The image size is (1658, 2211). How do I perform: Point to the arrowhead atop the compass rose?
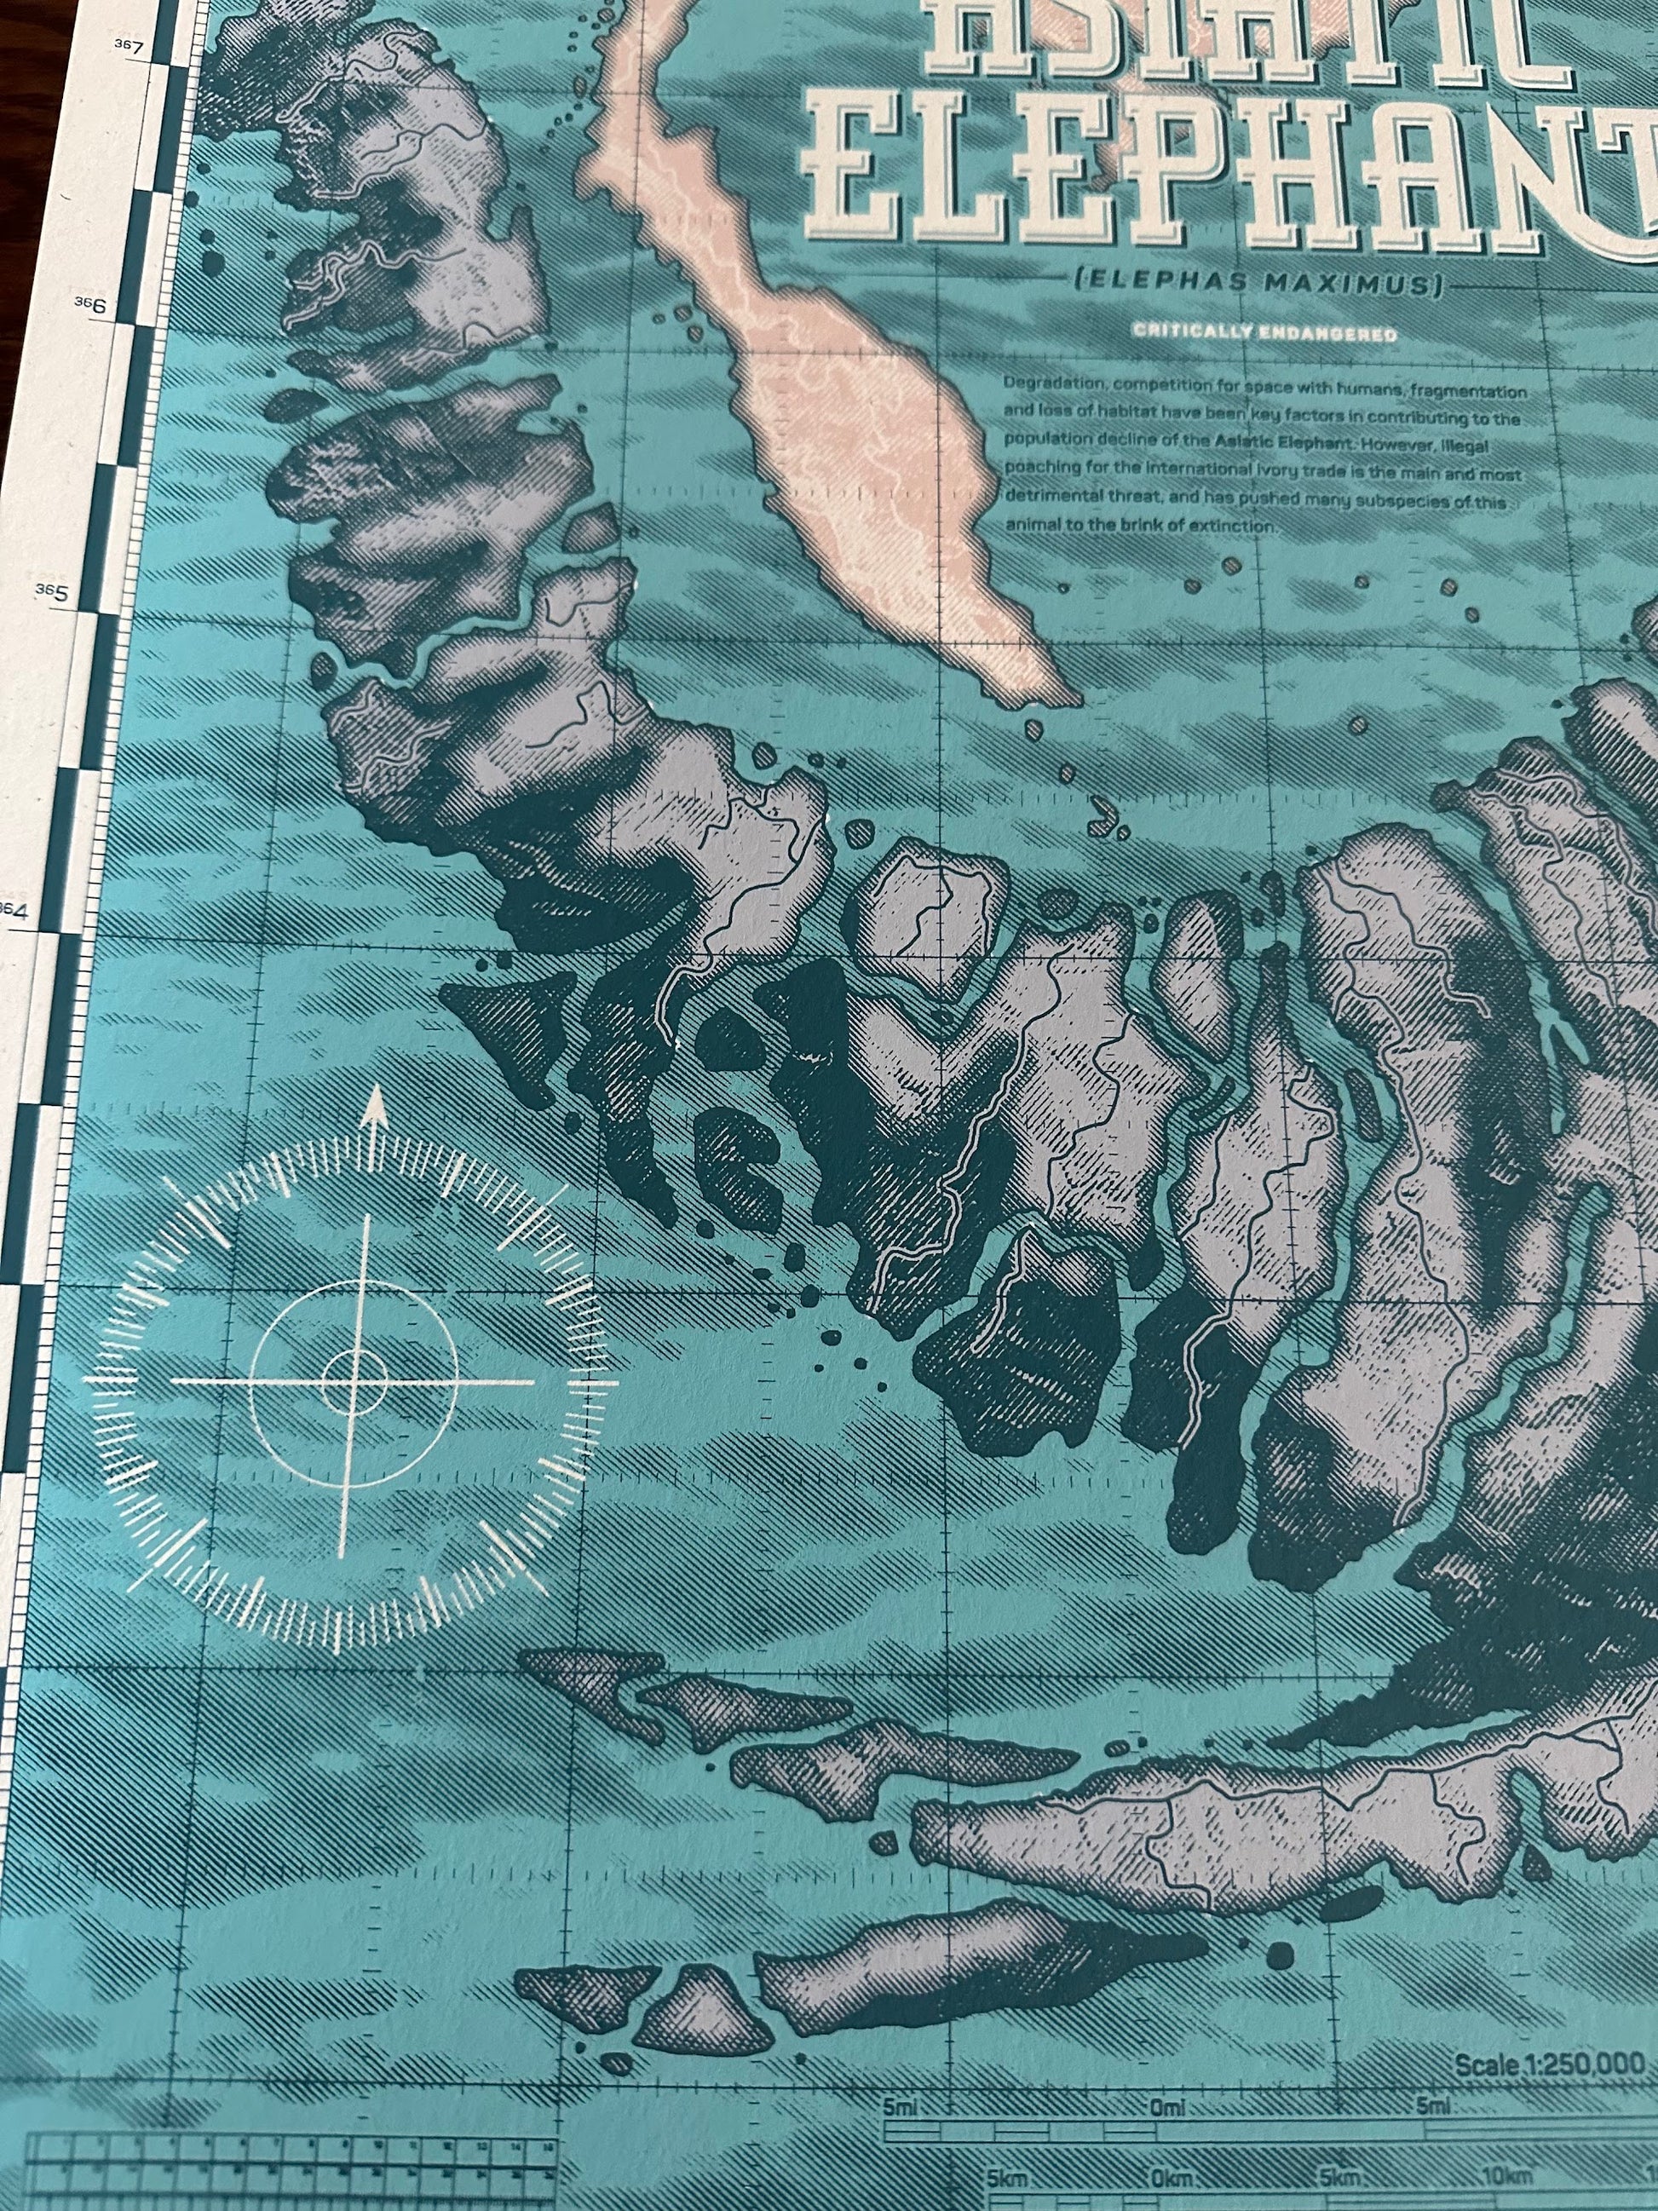375,1104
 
